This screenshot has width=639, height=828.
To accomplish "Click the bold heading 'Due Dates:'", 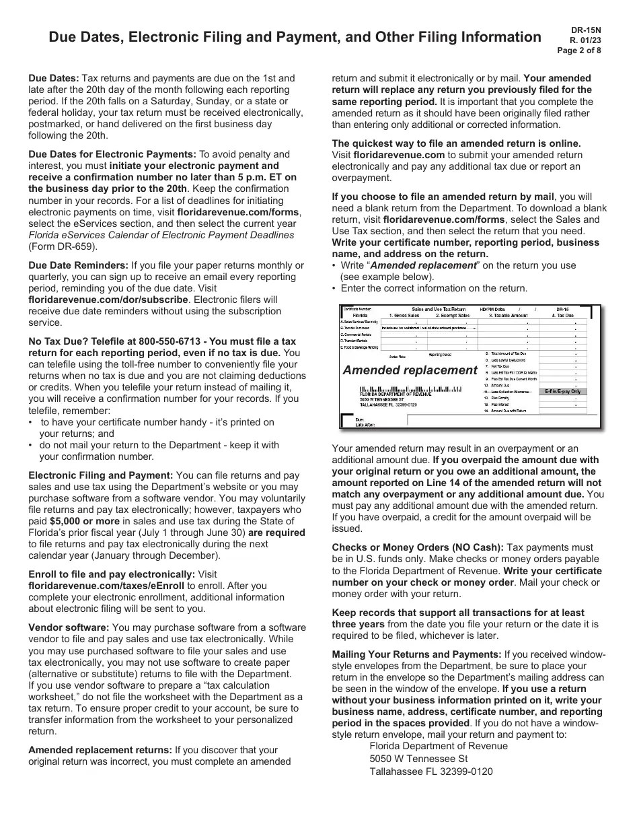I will click(54, 78).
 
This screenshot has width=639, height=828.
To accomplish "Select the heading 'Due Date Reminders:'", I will click(78, 265).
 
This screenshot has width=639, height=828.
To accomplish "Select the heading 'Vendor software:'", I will click(69, 627).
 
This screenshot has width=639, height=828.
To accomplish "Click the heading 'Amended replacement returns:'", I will click(100, 750).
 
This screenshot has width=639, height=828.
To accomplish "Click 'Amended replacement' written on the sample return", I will click(410, 370).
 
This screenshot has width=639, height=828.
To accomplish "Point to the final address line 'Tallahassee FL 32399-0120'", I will click(430, 771).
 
